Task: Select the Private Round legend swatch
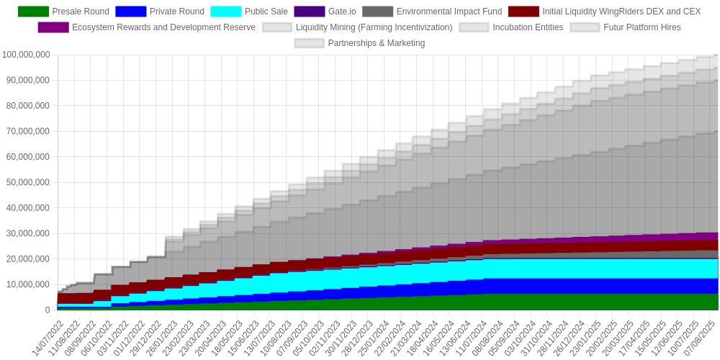130,12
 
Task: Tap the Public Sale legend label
266,12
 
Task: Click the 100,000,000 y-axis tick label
26,55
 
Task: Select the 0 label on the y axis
48,310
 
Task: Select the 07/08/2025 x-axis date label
700,339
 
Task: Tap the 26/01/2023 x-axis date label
163,339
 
